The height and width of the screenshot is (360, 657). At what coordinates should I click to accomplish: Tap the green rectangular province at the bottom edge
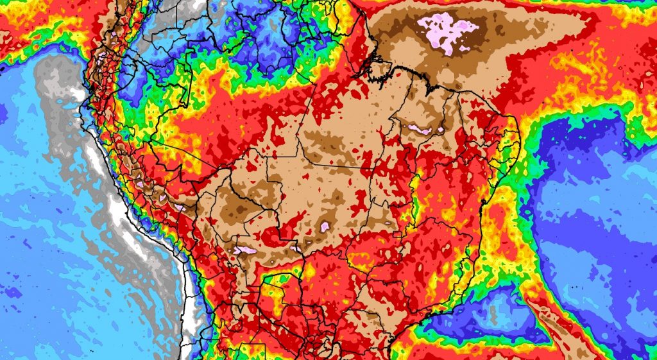[252, 352]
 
